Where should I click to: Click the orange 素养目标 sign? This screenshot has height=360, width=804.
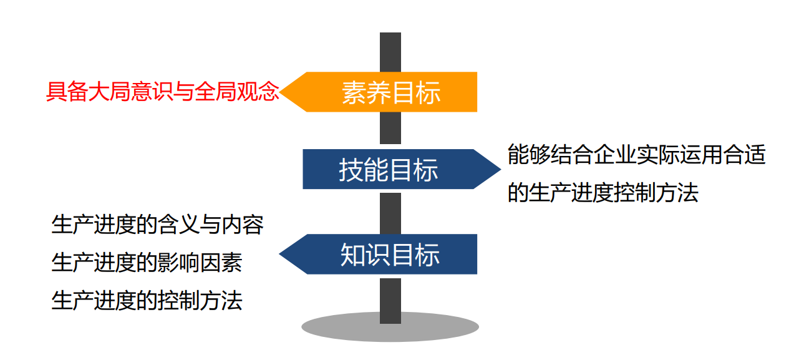tap(391, 92)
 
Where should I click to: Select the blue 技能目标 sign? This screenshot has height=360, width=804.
tap(389, 169)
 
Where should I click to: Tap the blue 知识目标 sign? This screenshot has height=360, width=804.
tap(390, 255)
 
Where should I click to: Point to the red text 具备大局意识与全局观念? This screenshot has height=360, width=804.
tap(163, 92)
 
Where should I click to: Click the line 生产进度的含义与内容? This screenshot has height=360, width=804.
tap(157, 225)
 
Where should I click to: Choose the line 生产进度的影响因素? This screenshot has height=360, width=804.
tap(147, 263)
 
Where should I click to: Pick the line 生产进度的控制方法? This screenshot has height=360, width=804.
tap(147, 301)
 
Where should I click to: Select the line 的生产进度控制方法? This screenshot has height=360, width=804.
tap(603, 193)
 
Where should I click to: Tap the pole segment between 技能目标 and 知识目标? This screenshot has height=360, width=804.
tap(390, 212)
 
